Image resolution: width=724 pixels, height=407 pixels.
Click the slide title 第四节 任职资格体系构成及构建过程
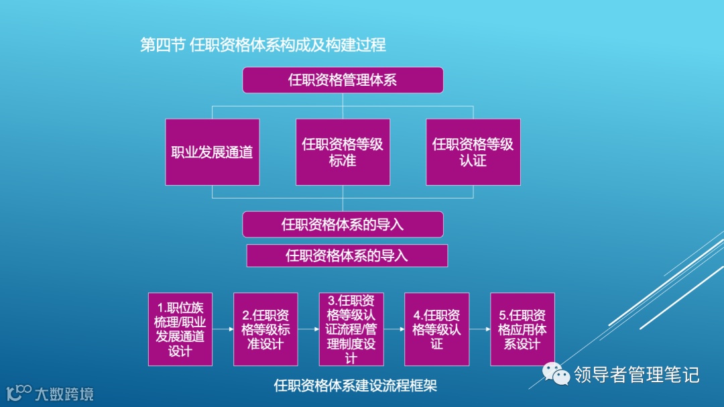pyautogui.click(x=263, y=45)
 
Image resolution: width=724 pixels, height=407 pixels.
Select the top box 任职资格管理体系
pyautogui.click(x=343, y=80)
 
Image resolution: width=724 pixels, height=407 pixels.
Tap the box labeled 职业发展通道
pyautogui.click(x=213, y=152)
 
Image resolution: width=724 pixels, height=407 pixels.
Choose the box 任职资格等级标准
pyautogui.click(x=343, y=152)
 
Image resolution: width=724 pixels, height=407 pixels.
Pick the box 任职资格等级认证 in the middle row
pyautogui.click(x=473, y=152)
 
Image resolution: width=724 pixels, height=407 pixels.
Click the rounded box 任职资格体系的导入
pyautogui.click(x=343, y=225)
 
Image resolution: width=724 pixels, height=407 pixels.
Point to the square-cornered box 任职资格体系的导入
pyautogui.click(x=347, y=255)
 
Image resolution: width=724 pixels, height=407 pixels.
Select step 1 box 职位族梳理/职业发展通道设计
pyautogui.click(x=180, y=329)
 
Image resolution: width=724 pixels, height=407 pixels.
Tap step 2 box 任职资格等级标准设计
pyautogui.click(x=265, y=329)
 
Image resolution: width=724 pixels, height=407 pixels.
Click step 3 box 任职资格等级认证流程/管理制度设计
pyautogui.click(x=351, y=329)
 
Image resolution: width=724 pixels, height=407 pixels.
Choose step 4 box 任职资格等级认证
pyautogui.click(x=437, y=329)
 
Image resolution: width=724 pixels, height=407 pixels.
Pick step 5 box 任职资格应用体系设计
pyautogui.click(x=522, y=329)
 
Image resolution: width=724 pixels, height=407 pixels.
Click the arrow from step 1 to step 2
pyautogui.click(x=223, y=329)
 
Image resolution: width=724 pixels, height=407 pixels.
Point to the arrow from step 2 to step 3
pyautogui.click(x=308, y=329)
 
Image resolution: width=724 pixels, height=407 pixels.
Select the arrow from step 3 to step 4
pyautogui.click(x=394, y=329)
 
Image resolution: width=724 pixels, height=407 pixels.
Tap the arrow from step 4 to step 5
pyautogui.click(x=480, y=329)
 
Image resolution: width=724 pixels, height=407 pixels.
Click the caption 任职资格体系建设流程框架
pyautogui.click(x=355, y=386)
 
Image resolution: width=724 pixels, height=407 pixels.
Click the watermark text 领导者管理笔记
pyautogui.click(x=636, y=374)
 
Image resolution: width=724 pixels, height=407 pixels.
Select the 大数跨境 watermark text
pyautogui.click(x=64, y=394)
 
